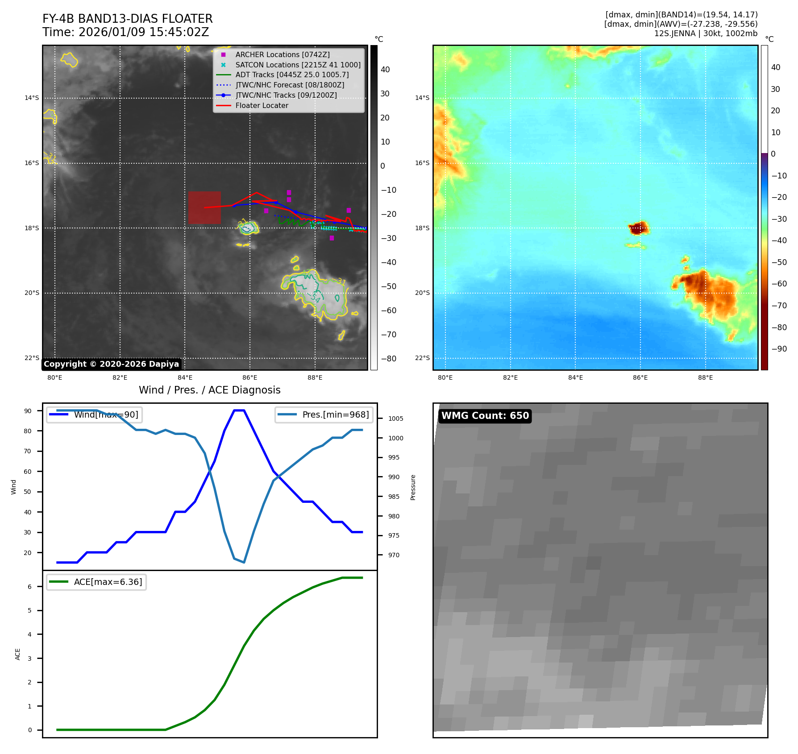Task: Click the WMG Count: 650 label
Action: [x=485, y=416]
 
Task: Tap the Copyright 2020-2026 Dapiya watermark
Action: [x=111, y=364]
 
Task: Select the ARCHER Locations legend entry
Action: [x=282, y=54]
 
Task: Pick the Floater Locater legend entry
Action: [x=262, y=105]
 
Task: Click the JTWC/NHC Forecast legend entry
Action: [x=290, y=85]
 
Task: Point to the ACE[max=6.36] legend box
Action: [x=96, y=582]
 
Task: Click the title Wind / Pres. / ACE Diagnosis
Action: [x=210, y=390]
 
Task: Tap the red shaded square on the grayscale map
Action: [x=204, y=207]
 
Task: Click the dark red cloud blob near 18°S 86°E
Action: [x=639, y=228]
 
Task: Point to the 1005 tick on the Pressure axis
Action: [x=395, y=418]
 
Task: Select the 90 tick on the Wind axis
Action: [x=28, y=411]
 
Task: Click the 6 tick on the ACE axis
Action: [x=30, y=587]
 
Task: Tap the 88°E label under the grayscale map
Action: [x=315, y=377]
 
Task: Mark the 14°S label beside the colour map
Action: [x=422, y=98]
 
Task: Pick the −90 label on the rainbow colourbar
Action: [x=779, y=349]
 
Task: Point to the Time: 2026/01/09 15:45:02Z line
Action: [x=126, y=32]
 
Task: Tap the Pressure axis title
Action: [x=413, y=487]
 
